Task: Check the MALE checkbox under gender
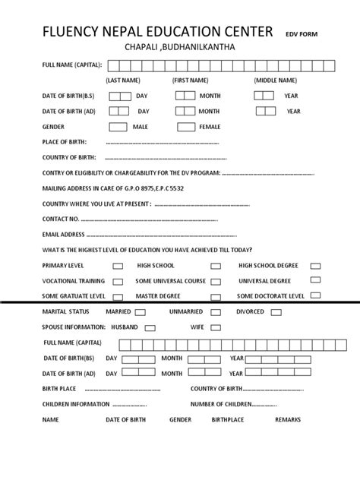click(118, 127)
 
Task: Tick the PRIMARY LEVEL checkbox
click(118, 267)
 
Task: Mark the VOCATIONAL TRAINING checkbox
click(118, 282)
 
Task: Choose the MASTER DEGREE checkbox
click(216, 296)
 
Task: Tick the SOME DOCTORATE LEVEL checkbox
click(315, 295)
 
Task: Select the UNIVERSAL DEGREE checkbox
click(315, 282)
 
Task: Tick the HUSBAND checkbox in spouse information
click(150, 328)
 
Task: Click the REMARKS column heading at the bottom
click(288, 419)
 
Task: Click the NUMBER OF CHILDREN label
click(221, 404)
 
